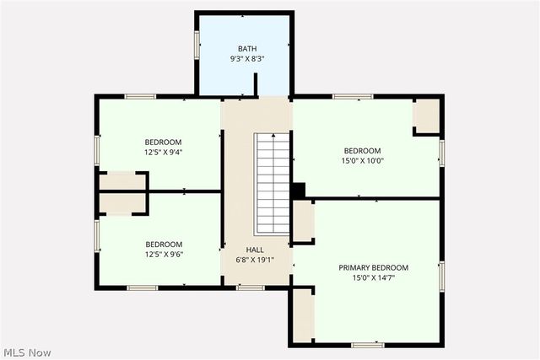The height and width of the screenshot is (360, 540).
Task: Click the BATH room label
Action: (246, 49)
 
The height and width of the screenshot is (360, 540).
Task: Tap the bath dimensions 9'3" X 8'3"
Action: (246, 60)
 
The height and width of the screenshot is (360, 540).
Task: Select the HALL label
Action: (255, 250)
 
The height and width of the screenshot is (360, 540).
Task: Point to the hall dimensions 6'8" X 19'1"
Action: (255, 260)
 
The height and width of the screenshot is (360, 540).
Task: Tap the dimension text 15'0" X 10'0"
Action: (362, 161)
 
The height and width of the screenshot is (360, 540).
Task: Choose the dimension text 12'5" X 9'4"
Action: (164, 153)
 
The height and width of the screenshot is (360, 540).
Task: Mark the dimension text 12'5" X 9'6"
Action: (164, 254)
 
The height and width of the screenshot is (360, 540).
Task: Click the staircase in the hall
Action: (273, 184)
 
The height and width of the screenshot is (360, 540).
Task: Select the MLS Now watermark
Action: (27, 351)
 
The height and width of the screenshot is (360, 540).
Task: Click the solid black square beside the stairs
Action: (297, 191)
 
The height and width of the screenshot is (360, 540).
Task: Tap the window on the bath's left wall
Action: (197, 45)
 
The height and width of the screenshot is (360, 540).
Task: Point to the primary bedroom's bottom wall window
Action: (368, 344)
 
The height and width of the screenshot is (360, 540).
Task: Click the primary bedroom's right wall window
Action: (440, 277)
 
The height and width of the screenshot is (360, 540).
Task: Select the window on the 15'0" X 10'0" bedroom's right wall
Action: (440, 153)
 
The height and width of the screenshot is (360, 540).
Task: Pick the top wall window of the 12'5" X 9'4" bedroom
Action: (140, 96)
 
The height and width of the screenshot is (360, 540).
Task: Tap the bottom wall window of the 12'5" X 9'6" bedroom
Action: (142, 288)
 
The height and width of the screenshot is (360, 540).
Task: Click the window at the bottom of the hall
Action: (250, 288)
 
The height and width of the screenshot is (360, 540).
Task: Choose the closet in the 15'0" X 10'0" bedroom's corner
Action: (426, 116)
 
